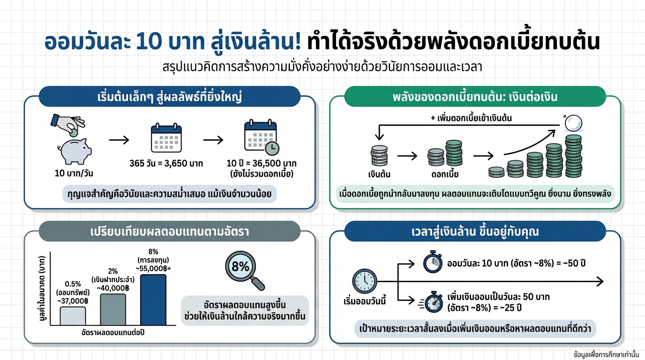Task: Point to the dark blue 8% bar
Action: [153, 300]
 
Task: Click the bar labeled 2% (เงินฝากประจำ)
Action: [113, 309]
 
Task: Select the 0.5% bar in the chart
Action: [73, 316]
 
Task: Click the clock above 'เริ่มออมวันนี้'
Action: [364, 282]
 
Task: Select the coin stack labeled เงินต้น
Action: [379, 157]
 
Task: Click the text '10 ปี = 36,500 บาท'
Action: [262, 164]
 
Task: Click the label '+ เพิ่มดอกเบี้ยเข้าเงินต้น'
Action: [471, 119]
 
